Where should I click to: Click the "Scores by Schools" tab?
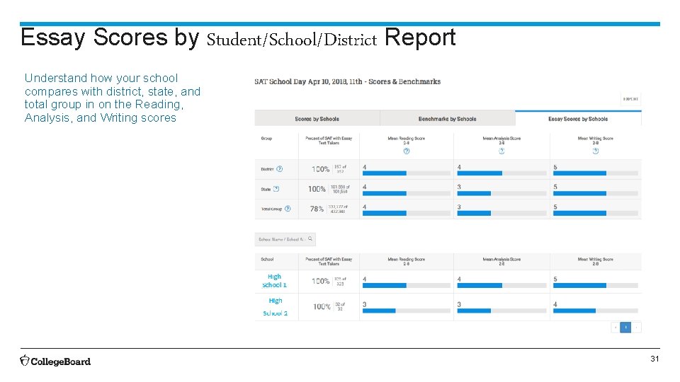pyautogui.click(x=317, y=119)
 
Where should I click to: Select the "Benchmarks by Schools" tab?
pyautogui.click(x=447, y=119)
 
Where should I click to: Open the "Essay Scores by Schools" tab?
pyautogui.click(x=578, y=119)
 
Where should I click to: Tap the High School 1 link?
pyautogui.click(x=274, y=281)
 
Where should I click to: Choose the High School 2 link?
pyautogui.click(x=275, y=306)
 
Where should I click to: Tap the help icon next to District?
pyautogui.click(x=279, y=169)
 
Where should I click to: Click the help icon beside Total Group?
pyautogui.click(x=288, y=209)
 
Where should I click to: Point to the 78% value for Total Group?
pyautogui.click(x=317, y=209)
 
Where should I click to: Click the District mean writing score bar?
pyautogui.click(x=579, y=173)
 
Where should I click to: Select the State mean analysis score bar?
pyautogui.click(x=474, y=193)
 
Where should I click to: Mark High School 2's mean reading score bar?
pyautogui.click(x=379, y=311)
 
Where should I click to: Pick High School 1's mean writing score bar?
pyautogui.click(x=579, y=286)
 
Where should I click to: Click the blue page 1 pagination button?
pyautogui.click(x=625, y=328)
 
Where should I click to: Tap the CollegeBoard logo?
pyautogui.click(x=55, y=361)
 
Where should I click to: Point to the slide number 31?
pyautogui.click(x=655, y=359)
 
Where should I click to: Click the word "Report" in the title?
pyautogui.click(x=420, y=37)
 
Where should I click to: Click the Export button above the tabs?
pyautogui.click(x=630, y=100)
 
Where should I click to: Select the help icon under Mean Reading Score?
pyautogui.click(x=406, y=150)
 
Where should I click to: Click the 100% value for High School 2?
pyautogui.click(x=322, y=306)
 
